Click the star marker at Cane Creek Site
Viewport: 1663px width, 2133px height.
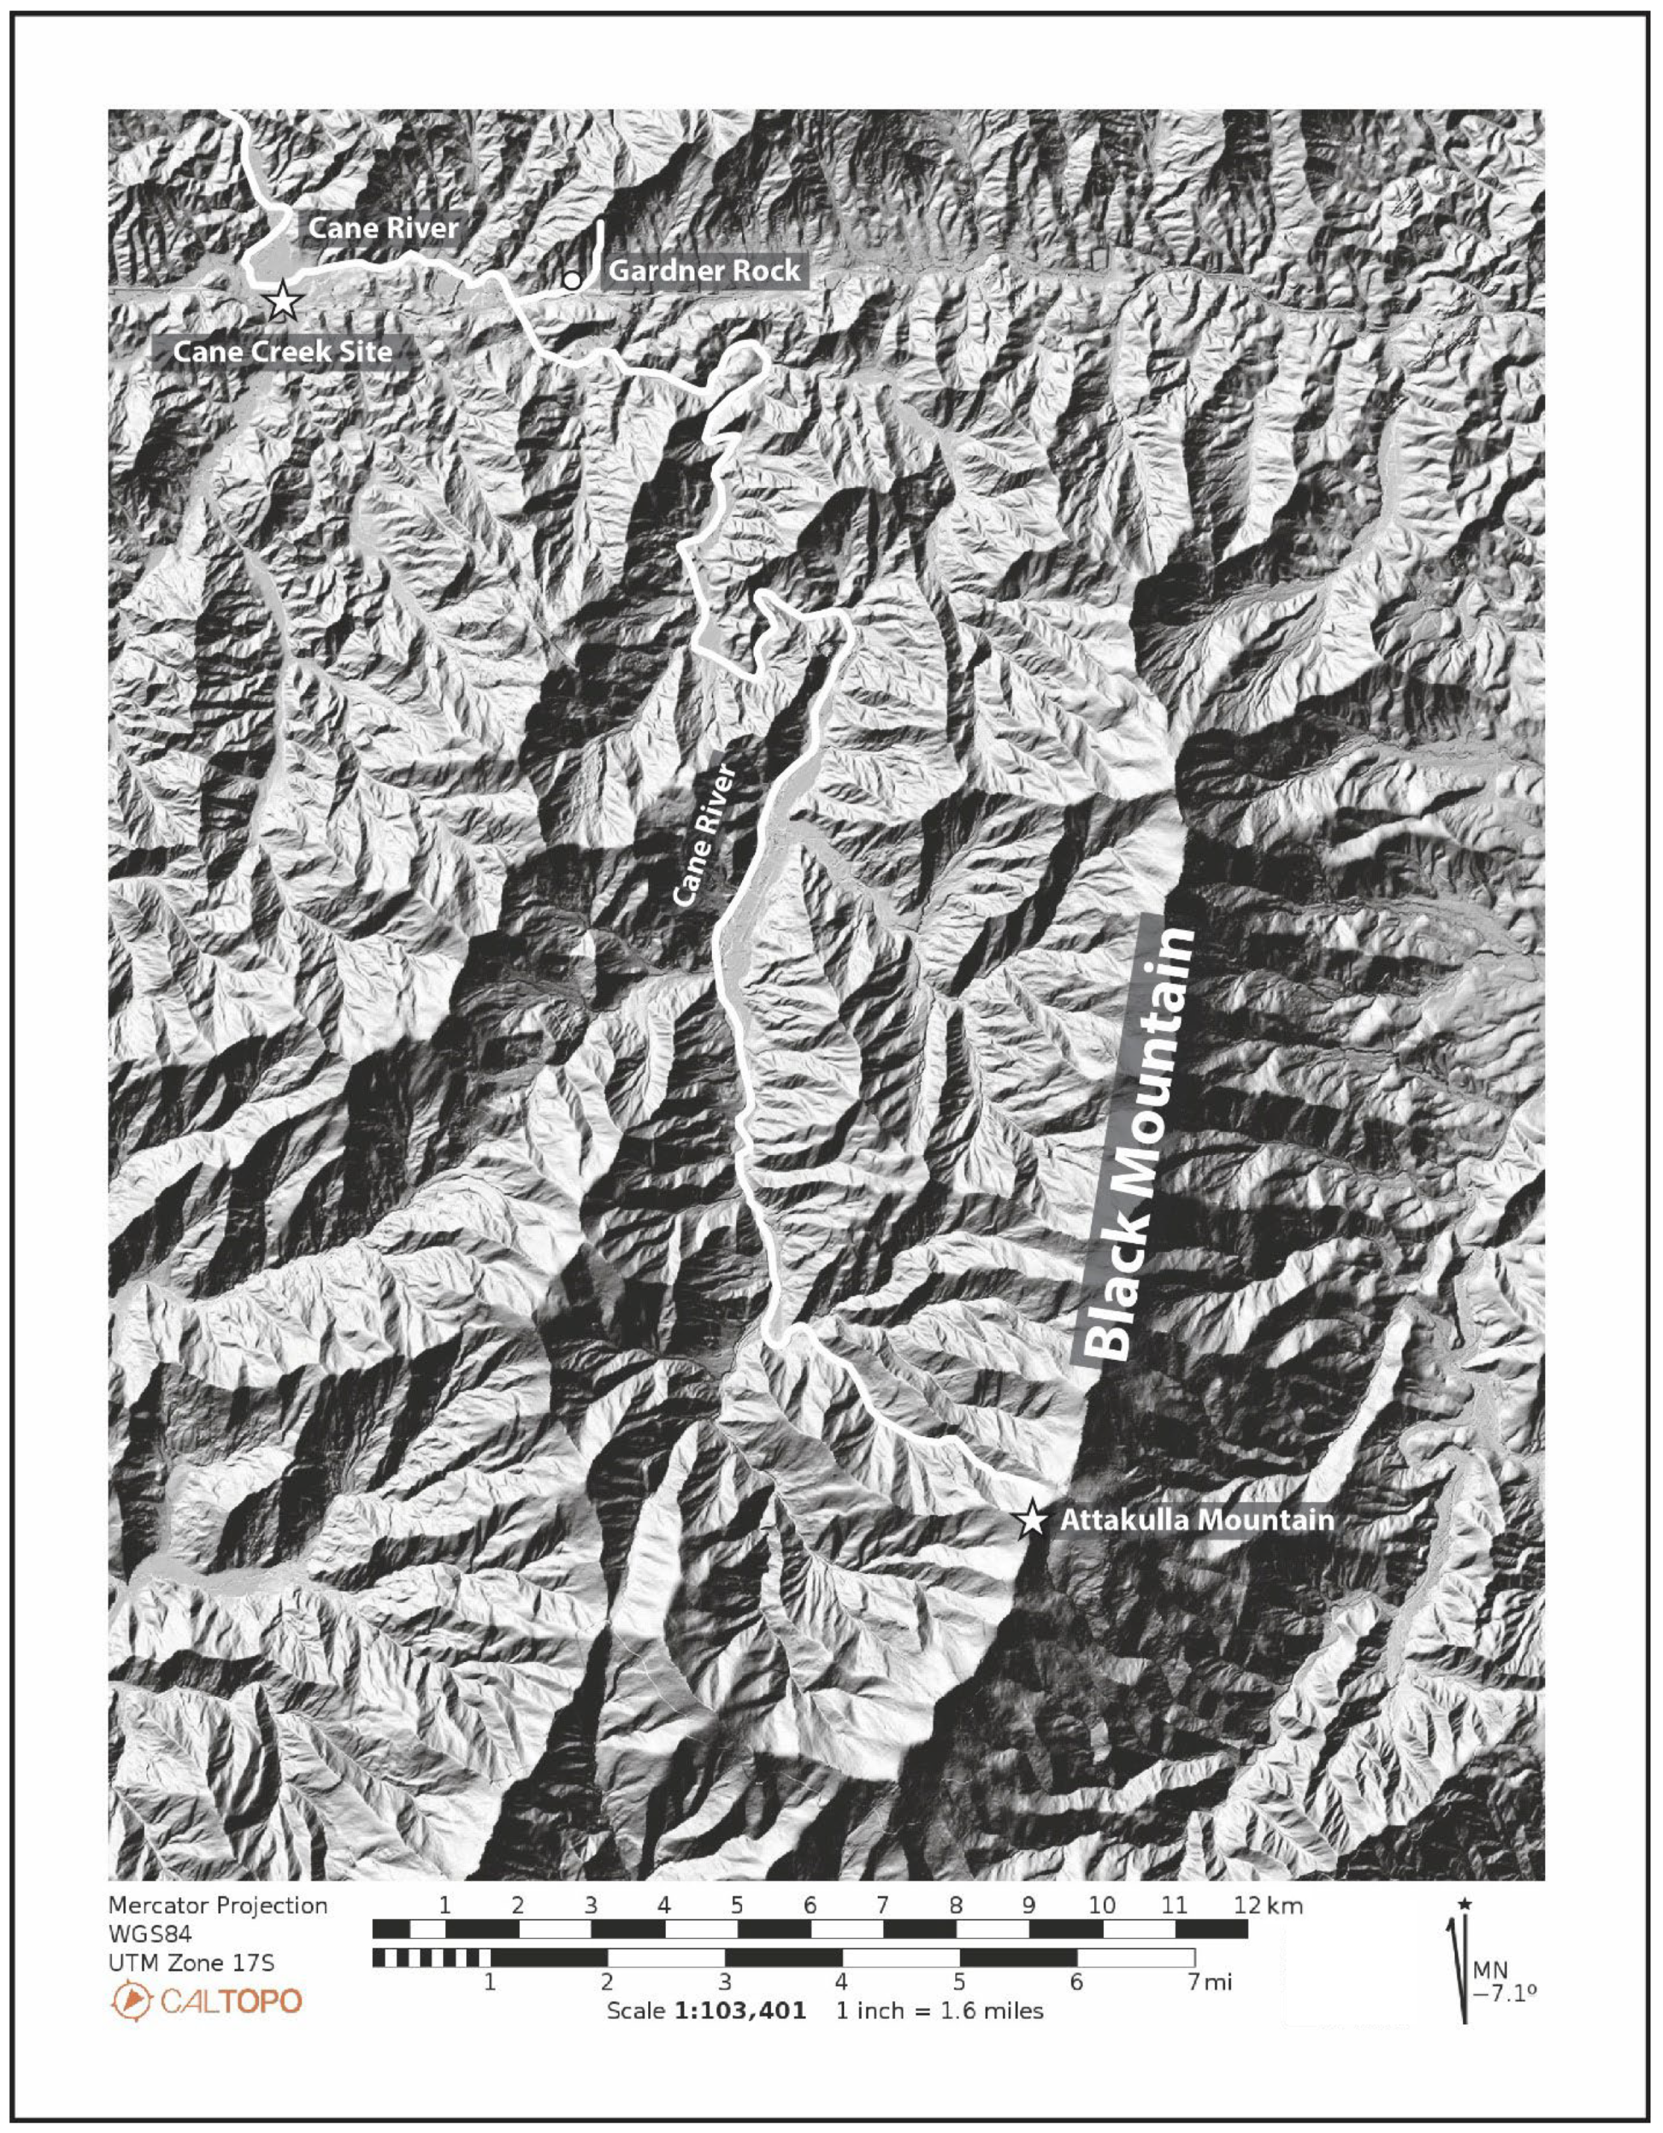pos(283,301)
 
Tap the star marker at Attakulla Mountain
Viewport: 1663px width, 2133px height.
pos(1031,1520)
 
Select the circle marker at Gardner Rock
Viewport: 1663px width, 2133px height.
pos(572,281)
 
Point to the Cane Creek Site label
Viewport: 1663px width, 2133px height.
pos(283,352)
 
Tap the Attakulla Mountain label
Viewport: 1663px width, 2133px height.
pos(1196,1520)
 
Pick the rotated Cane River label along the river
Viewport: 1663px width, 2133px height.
pos(703,835)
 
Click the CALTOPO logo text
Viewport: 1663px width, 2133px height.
pos(231,2001)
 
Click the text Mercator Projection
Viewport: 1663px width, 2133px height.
pos(218,1906)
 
